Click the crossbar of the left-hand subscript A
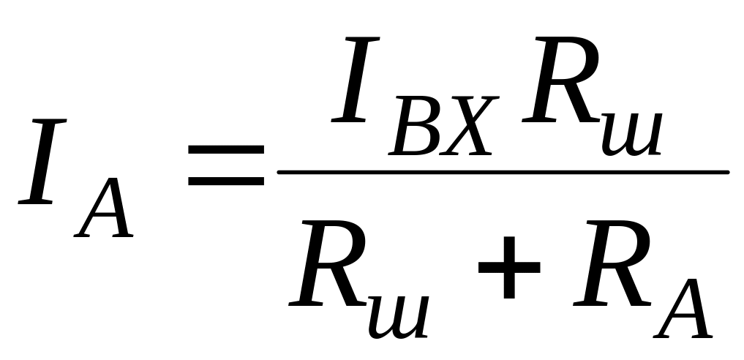pos(104,220)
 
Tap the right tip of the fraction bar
pos(726,173)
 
